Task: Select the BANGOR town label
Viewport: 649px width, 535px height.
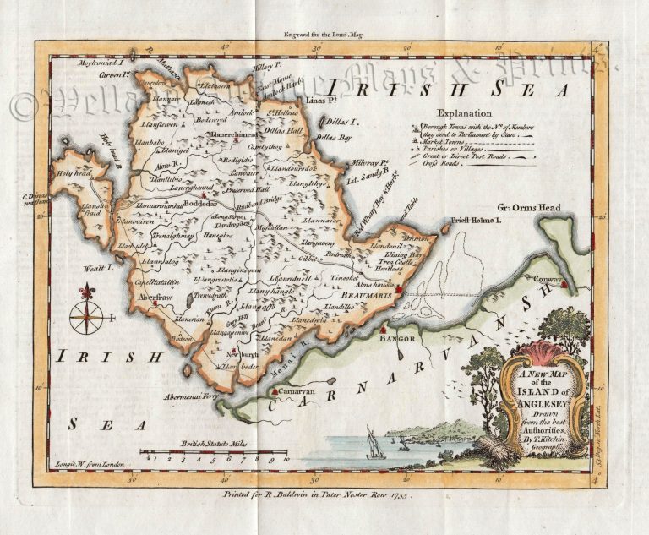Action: coord(400,337)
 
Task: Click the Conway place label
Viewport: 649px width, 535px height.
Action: coord(548,277)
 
